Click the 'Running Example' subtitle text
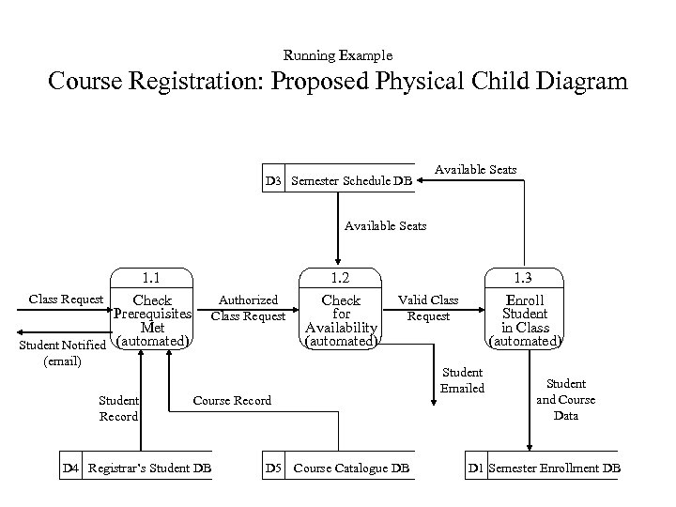[x=337, y=55]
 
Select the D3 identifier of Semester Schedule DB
[x=273, y=180]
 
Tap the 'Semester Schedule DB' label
[x=352, y=180]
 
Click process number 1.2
[x=341, y=277]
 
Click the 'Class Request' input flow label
[x=66, y=300]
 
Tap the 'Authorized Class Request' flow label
[x=248, y=308]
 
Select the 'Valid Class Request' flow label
[x=428, y=308]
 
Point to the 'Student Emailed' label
[x=462, y=380]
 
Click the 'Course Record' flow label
[x=232, y=400]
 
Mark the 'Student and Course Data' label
[x=565, y=399]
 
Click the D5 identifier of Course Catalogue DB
[x=273, y=468]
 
